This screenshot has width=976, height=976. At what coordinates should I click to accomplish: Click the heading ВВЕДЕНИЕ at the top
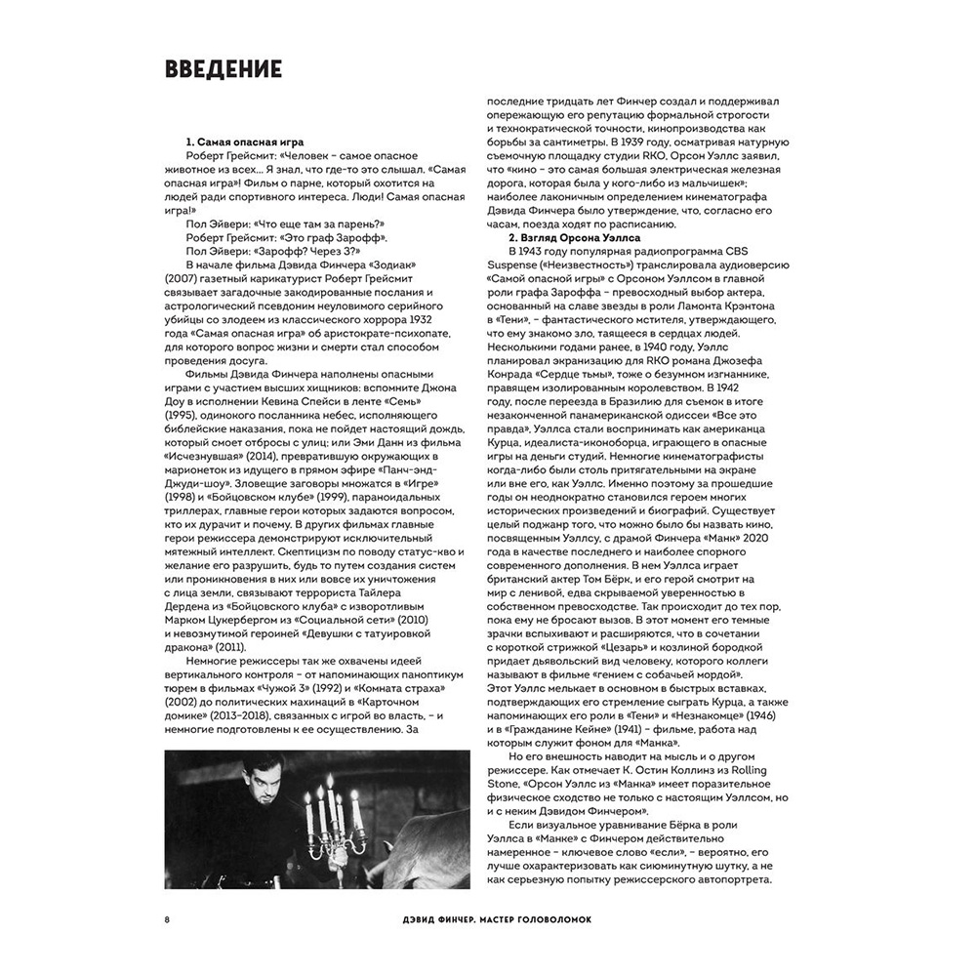point(224,69)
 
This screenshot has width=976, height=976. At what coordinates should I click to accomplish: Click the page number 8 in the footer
point(168,918)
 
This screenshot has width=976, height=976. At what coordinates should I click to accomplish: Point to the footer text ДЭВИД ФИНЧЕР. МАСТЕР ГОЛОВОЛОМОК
point(484,918)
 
